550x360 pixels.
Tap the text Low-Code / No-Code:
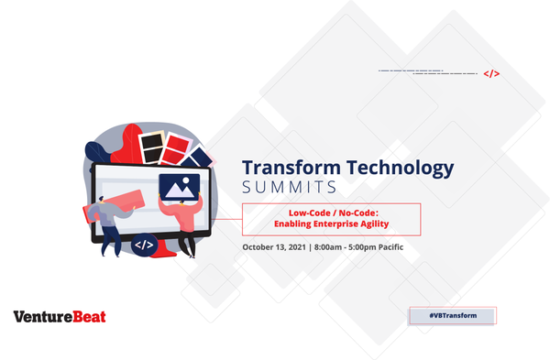(330, 212)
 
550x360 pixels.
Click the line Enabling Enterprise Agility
(330, 224)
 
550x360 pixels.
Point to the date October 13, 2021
(274, 247)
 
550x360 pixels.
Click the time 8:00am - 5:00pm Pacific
(358, 247)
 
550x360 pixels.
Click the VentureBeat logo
(60, 317)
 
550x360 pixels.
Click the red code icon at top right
(491, 74)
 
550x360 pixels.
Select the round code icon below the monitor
(143, 245)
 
